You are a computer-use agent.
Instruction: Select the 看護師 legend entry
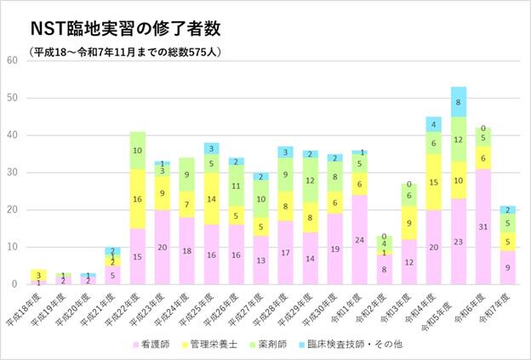pyautogui.click(x=157, y=344)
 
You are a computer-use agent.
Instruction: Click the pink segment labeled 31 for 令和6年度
pyautogui.click(x=483, y=226)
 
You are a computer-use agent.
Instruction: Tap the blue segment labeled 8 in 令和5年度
pyautogui.click(x=459, y=101)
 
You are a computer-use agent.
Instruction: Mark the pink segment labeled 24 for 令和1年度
pyautogui.click(x=360, y=239)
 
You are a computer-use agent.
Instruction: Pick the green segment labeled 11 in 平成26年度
pyautogui.click(x=237, y=186)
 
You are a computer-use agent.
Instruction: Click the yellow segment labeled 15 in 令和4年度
pyautogui.click(x=434, y=181)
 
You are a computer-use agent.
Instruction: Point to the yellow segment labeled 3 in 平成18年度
pyautogui.click(x=39, y=274)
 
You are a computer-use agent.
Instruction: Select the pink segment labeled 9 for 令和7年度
pyautogui.click(x=508, y=267)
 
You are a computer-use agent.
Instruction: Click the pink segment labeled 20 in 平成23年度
pyautogui.click(x=163, y=247)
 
